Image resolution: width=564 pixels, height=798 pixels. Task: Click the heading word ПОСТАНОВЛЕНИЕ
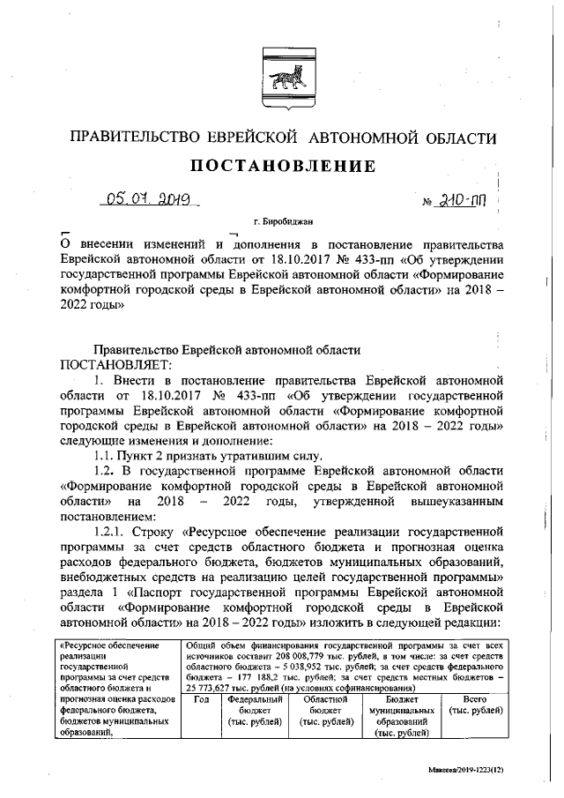click(x=281, y=166)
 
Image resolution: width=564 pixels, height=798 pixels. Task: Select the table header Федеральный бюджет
click(x=254, y=710)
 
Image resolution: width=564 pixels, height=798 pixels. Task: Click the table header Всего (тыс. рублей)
click(x=474, y=705)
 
